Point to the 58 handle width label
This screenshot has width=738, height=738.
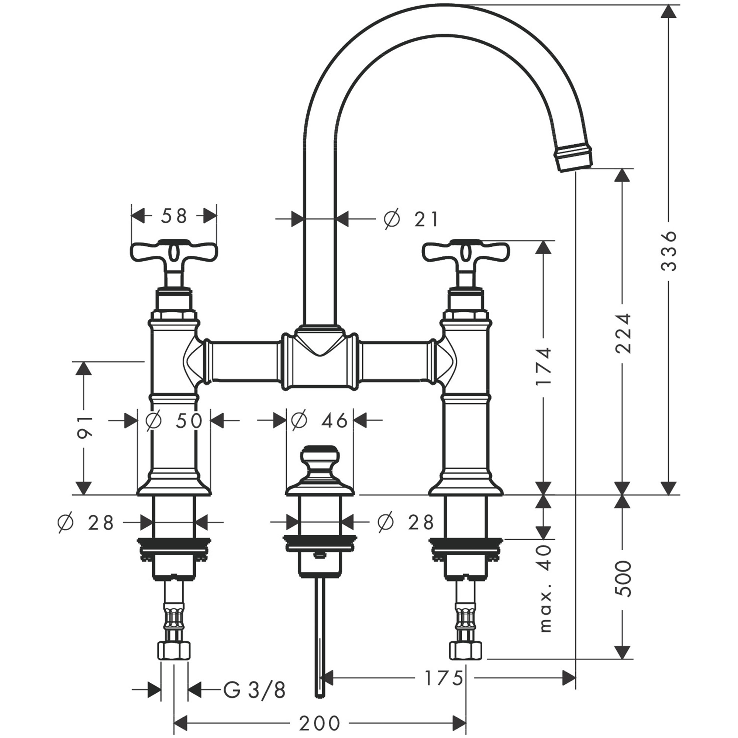[174, 216]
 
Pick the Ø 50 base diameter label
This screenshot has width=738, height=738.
[174, 421]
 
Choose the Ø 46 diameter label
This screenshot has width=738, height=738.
[319, 421]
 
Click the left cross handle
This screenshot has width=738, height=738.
[174, 252]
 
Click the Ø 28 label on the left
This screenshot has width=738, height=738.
[86, 523]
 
